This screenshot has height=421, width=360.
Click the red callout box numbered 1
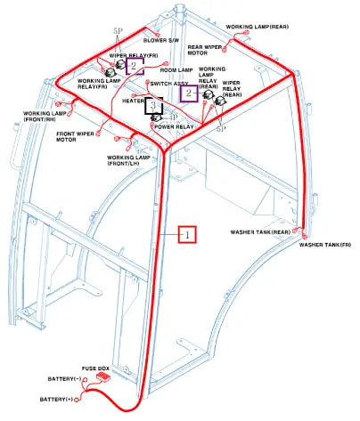(187, 235)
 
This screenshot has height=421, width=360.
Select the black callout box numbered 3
(153, 106)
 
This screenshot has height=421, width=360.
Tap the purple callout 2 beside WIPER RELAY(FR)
(135, 66)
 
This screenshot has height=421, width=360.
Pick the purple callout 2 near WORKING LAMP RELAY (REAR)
(189, 93)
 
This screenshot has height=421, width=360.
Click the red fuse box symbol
(103, 377)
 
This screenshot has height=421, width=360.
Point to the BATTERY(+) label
(56, 400)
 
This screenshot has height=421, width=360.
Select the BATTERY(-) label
(64, 379)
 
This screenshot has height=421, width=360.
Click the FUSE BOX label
(95, 368)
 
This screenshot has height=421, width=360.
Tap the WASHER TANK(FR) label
(324, 245)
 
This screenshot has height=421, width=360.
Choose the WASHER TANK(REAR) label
(260, 232)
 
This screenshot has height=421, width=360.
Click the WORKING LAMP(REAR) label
(258, 27)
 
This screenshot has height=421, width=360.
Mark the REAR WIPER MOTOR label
(204, 50)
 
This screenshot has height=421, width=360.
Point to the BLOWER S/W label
(161, 40)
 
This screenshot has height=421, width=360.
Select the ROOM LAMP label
(176, 70)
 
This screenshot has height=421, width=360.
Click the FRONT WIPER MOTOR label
(75, 136)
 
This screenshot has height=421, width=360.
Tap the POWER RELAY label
(174, 126)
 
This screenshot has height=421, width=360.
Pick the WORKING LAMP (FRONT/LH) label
(128, 160)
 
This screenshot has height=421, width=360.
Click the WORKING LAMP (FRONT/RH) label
(45, 117)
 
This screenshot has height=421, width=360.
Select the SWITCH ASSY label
(169, 84)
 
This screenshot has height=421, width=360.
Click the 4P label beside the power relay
(173, 117)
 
